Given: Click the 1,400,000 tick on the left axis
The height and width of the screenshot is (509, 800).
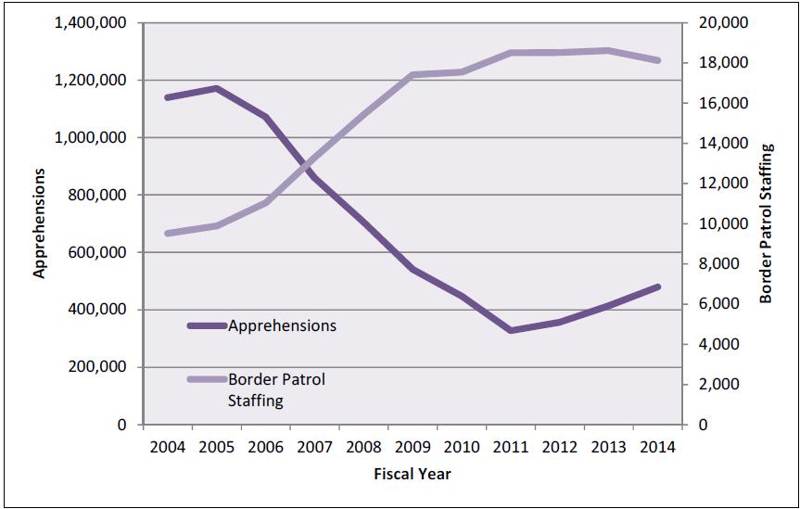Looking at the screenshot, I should pos(91,23).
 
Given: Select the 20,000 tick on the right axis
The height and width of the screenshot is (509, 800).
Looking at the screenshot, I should pos(714,23).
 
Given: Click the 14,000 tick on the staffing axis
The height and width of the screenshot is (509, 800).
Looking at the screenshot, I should pos(714,144).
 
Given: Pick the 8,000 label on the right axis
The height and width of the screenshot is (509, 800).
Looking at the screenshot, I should pos(710,264).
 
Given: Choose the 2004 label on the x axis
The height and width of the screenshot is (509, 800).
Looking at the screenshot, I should pos(168,446).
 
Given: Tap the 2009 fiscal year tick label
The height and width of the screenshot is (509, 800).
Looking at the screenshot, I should pos(413,446).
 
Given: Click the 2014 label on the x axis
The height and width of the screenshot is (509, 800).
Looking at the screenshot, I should pos(657,446).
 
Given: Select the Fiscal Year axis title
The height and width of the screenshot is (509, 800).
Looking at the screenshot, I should pos(412,474).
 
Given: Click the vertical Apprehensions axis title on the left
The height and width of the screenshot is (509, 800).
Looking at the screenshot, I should pos(40,224).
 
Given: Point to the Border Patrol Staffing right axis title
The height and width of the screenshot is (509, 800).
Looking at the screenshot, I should pos(766,224).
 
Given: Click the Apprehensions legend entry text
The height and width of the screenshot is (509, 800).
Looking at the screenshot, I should pos(282,326).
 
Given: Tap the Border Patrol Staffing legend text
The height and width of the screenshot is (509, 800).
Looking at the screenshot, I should pos(276,390).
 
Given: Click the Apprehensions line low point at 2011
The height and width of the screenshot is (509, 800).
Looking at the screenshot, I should pos(511,330).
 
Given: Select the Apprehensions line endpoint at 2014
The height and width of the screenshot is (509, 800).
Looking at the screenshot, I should pos(657,287).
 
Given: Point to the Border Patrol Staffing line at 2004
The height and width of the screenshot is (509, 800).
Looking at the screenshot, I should pos(168,234).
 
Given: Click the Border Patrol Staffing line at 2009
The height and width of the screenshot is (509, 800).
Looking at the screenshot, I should pos(413,74).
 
